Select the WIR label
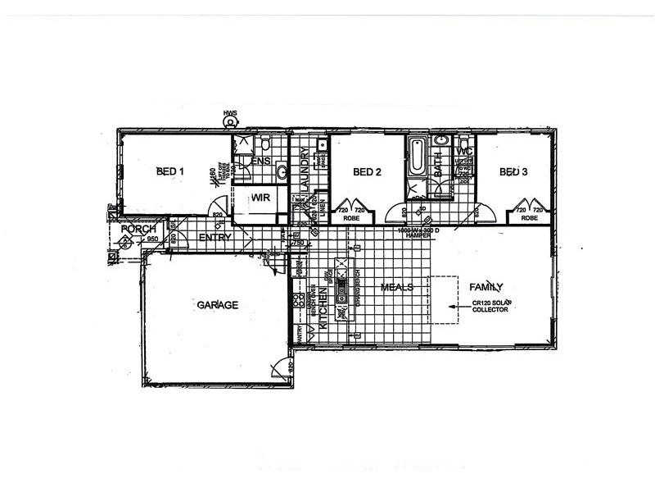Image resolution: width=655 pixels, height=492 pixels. [x=261, y=198]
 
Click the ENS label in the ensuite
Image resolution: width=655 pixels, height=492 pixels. [x=261, y=161]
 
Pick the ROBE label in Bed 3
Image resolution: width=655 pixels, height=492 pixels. [x=530, y=219]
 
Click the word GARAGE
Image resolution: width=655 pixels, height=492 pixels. [x=217, y=304]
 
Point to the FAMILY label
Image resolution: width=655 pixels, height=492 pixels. [x=486, y=288]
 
